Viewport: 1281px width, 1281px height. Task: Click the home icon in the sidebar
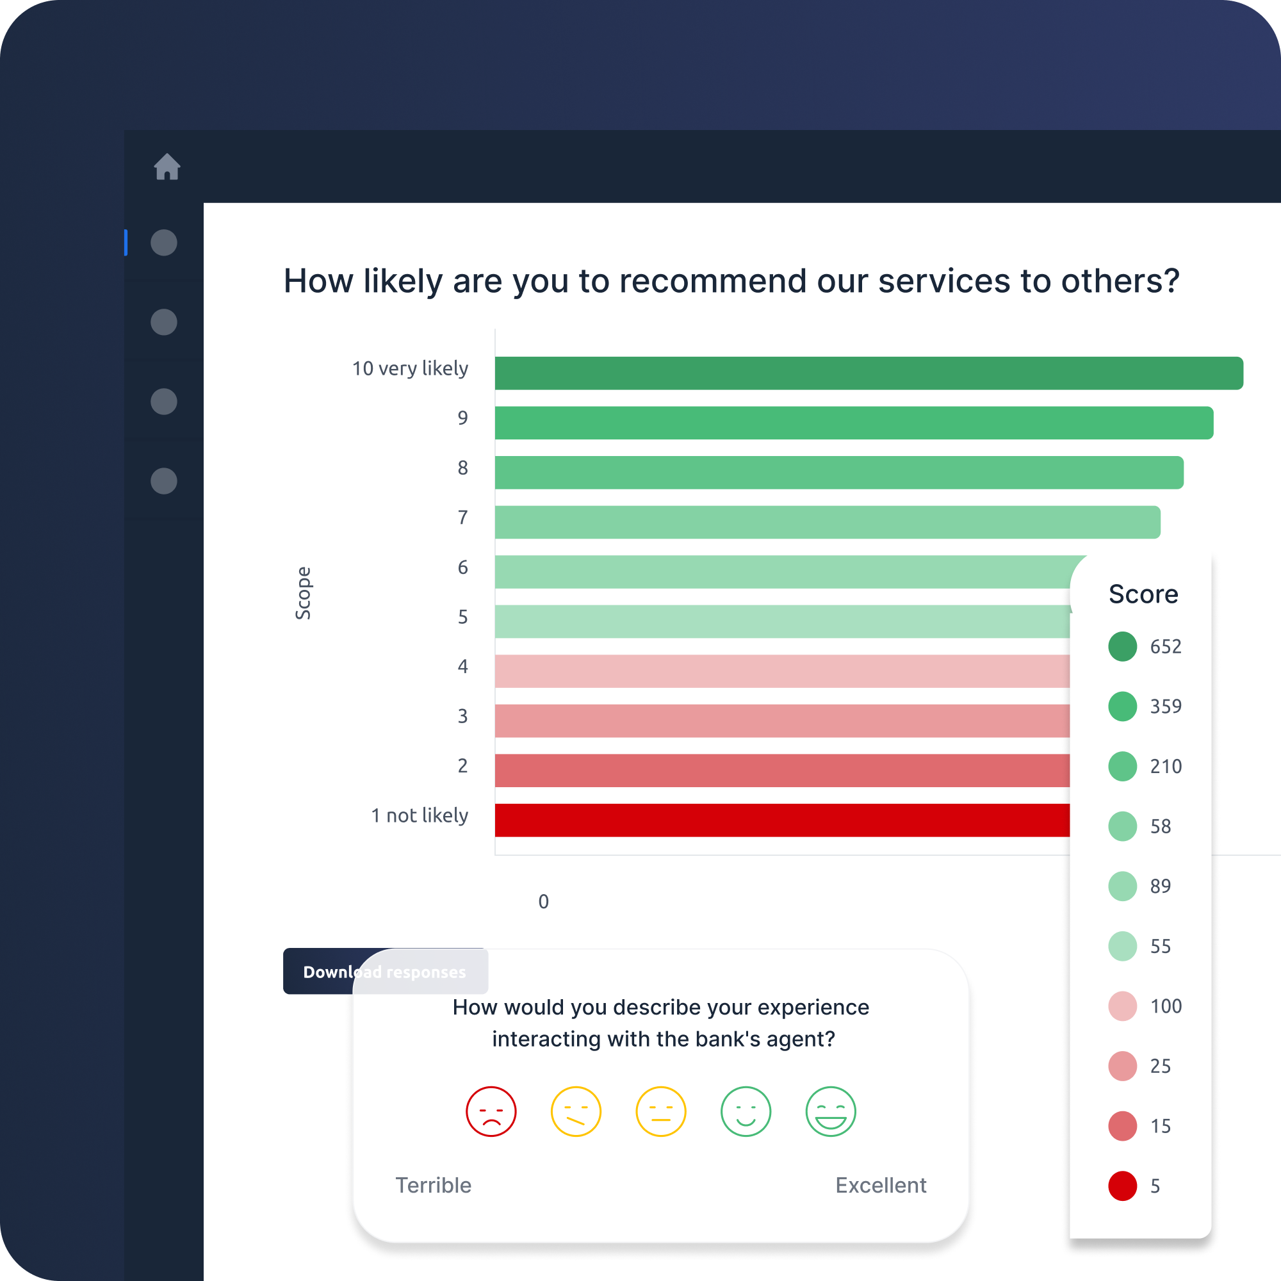tap(167, 167)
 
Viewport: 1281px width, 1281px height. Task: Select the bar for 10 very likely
tap(869, 373)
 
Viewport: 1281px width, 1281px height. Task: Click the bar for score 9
tap(854, 423)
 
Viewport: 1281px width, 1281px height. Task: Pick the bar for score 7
tap(828, 523)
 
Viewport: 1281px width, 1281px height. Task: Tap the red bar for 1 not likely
tap(783, 820)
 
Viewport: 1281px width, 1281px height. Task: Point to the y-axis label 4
tap(463, 666)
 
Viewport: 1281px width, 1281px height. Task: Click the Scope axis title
tap(303, 594)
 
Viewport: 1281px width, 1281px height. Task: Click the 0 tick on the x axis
tap(544, 902)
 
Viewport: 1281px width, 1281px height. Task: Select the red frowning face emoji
tap(491, 1112)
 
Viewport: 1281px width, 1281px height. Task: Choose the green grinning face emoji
tap(831, 1112)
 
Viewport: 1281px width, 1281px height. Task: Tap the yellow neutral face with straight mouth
tap(661, 1112)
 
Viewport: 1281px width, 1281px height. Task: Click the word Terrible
tap(434, 1186)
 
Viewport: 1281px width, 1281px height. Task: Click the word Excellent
tap(881, 1186)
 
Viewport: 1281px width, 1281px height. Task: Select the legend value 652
tap(1166, 646)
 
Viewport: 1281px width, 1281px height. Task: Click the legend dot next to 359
tap(1123, 706)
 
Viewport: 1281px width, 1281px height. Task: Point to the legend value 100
tap(1166, 1006)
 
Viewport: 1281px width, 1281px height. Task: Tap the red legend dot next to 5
tap(1123, 1186)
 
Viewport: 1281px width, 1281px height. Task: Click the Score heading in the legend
tap(1144, 594)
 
